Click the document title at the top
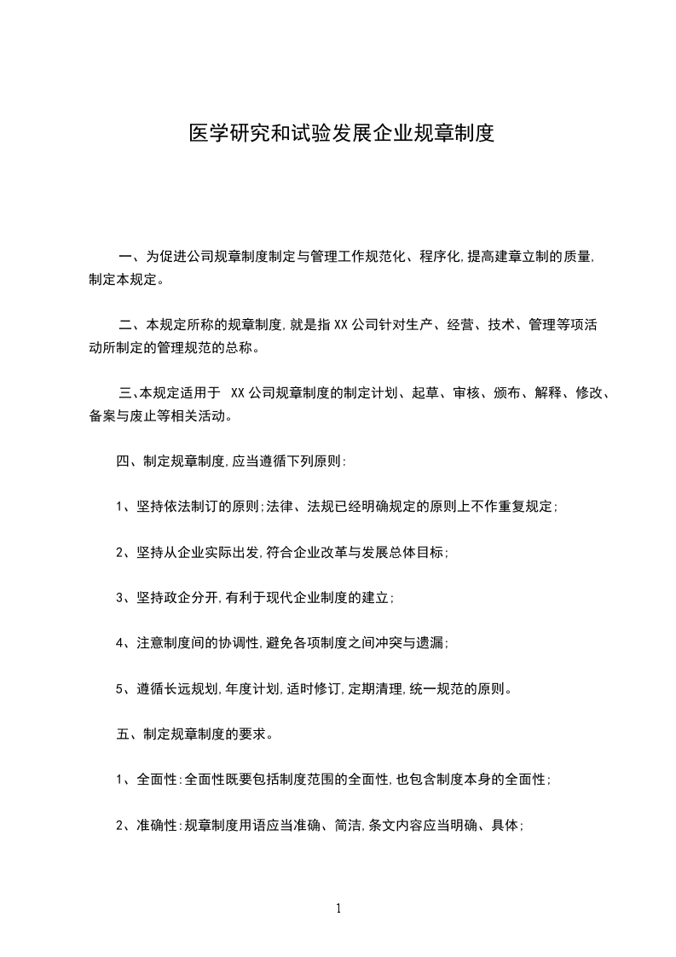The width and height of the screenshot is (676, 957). coord(341,134)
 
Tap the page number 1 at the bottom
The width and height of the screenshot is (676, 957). coord(338,908)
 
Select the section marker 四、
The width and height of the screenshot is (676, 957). coord(126,461)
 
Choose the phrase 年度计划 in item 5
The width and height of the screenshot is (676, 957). coord(253,688)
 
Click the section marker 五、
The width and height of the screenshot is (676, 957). coord(126,734)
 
